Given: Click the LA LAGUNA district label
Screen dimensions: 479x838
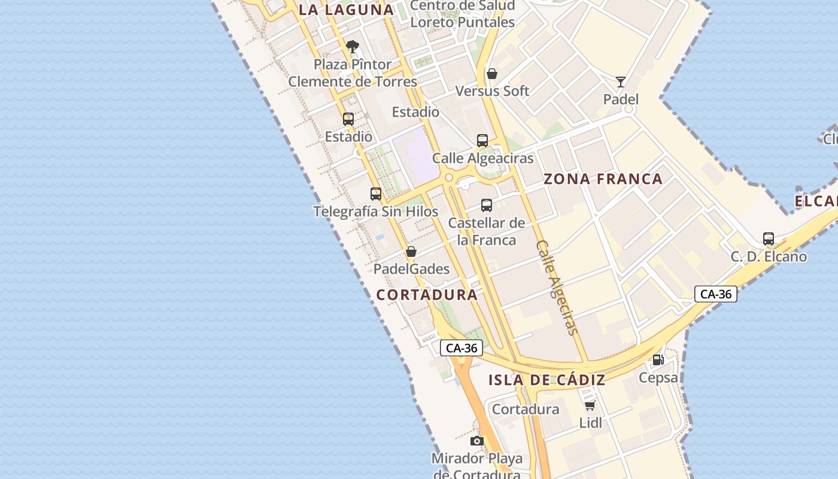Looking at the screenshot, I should [x=346, y=10].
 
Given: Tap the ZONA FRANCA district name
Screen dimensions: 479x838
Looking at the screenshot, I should [x=603, y=178].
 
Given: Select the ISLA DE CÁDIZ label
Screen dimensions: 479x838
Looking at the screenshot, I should [x=546, y=380].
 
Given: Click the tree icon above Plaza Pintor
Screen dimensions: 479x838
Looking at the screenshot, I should [x=353, y=46].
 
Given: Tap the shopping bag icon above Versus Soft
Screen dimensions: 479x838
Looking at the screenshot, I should [x=491, y=74].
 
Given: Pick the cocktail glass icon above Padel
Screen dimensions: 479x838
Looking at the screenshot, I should [x=621, y=82].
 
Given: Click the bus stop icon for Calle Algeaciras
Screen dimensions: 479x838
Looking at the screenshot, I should [x=482, y=141].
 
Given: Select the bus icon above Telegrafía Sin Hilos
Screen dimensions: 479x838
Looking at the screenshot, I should [x=376, y=193].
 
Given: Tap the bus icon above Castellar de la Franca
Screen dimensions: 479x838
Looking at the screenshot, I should [x=487, y=205].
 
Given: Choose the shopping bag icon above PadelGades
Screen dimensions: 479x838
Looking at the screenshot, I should [x=411, y=251].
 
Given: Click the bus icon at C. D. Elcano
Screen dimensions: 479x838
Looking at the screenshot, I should [x=769, y=239].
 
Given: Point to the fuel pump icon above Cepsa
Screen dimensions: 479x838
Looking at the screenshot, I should [x=658, y=360].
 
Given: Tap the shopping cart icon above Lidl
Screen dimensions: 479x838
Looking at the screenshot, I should [x=590, y=405].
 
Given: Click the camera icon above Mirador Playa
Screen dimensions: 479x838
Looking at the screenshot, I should [x=477, y=441].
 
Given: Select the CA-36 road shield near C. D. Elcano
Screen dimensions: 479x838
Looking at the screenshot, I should [x=716, y=294].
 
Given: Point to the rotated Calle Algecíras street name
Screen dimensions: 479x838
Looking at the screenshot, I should [x=558, y=287].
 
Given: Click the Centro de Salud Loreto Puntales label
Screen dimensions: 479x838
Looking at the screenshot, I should [x=463, y=14].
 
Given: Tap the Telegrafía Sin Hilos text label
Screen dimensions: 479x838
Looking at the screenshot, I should [x=376, y=211].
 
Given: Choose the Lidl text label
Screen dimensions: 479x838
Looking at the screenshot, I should [x=590, y=423].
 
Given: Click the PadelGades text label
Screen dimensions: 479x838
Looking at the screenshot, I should [x=411, y=269].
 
